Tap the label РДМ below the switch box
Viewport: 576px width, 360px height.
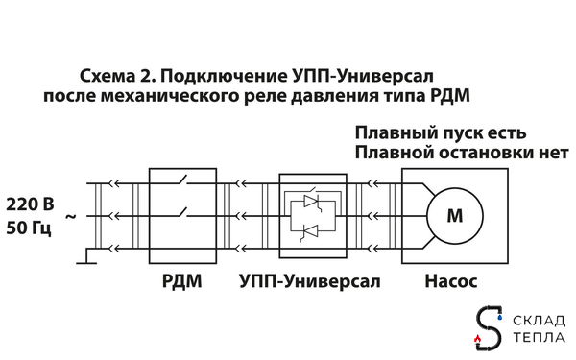[181, 283]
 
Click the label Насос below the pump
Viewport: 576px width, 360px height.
[450, 283]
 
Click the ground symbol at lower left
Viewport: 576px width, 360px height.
[85, 256]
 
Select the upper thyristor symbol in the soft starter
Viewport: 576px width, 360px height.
[310, 201]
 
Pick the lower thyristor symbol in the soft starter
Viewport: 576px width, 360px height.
[310, 233]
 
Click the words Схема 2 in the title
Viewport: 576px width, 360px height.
[113, 75]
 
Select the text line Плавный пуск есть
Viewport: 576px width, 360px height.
[441, 132]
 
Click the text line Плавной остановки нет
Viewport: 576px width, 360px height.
[461, 153]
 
